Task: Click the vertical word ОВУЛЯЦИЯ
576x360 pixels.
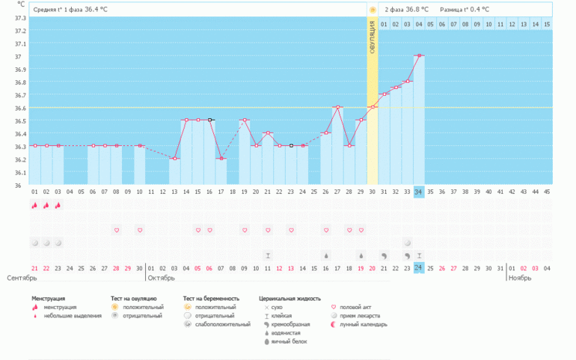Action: (372, 36)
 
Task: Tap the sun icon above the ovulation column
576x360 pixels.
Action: (372, 9)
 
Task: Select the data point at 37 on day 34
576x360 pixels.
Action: (419, 55)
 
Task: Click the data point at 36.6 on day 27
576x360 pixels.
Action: (337, 107)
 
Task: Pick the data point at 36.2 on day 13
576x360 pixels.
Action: (174, 159)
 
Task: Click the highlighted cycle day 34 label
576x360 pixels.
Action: (419, 192)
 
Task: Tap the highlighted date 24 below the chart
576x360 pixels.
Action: (419, 268)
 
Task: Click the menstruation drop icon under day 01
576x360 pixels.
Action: (34, 205)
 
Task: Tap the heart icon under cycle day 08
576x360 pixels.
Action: (116, 230)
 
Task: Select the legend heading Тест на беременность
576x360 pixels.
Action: (212, 298)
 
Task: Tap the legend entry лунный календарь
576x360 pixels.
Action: (364, 325)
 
